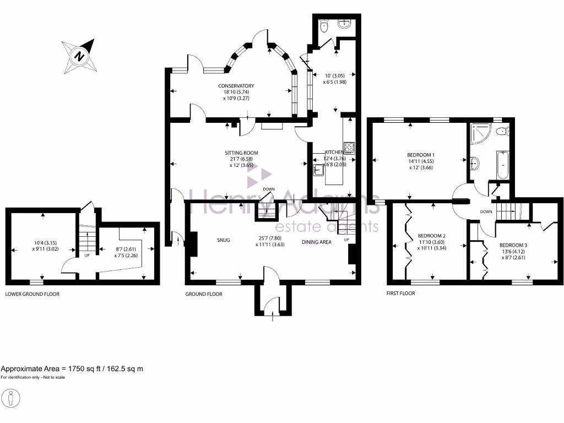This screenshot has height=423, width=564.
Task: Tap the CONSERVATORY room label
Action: pos(236,86)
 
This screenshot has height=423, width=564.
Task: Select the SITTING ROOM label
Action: pos(241,153)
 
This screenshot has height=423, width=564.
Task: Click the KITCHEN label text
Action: pos(334,152)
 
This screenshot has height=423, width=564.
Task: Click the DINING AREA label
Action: pos(317,241)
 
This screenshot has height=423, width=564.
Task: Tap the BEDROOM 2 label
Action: pos(431,236)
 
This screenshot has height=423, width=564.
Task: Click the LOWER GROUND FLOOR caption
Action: pos(32,294)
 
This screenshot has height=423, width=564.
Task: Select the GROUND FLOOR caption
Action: pos(204,294)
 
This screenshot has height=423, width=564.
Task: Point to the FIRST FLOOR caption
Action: pos(400,294)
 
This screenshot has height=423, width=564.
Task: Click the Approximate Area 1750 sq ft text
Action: pos(72,369)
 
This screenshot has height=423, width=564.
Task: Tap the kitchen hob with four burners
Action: pos(349,147)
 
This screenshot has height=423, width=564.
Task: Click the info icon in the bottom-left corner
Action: pos(12,398)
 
